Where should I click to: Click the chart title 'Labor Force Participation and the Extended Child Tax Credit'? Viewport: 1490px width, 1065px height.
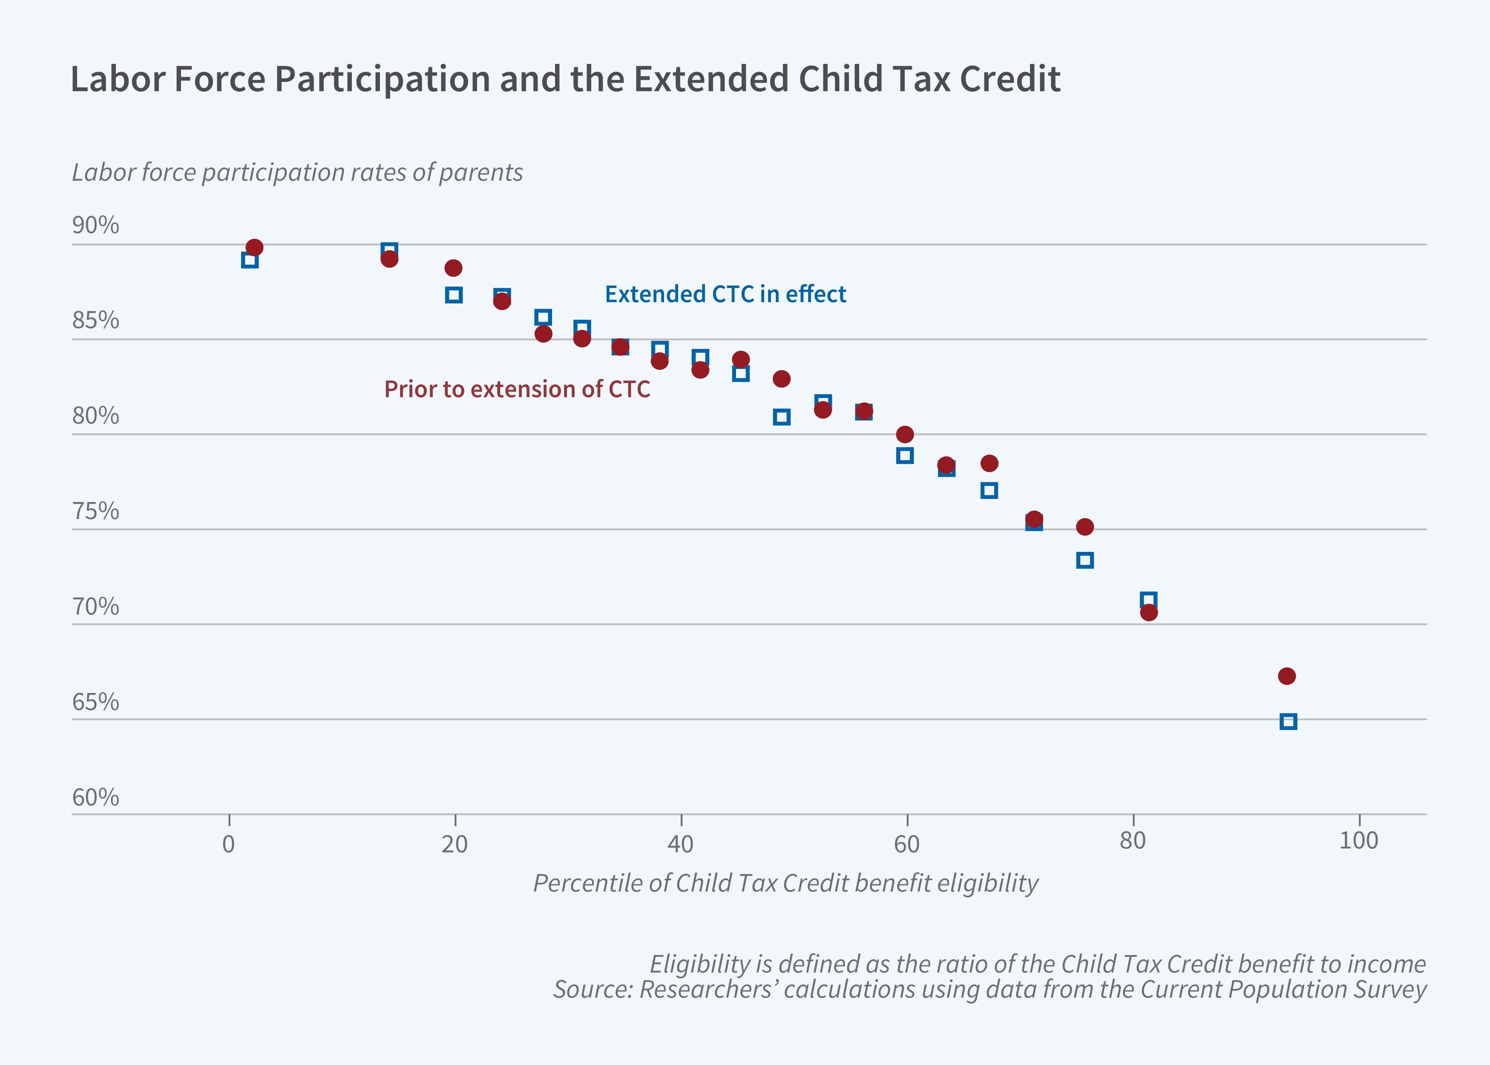tap(565, 79)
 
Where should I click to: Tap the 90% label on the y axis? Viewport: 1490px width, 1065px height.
tap(96, 225)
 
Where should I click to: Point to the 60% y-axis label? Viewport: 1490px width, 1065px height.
tap(96, 797)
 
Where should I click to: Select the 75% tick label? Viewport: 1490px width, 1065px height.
tap(96, 511)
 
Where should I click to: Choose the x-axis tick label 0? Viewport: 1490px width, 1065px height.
tap(229, 844)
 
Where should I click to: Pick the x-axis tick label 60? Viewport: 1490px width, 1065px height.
tap(906, 844)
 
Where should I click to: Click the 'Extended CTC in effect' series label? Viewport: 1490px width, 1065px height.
tap(725, 294)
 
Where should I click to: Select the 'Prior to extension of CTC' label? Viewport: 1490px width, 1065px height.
tap(517, 390)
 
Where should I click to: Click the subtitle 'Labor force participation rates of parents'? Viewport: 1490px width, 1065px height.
tap(297, 173)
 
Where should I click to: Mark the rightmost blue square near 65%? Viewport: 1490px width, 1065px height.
tap(1288, 722)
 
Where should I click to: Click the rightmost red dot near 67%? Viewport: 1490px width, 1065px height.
tap(1287, 676)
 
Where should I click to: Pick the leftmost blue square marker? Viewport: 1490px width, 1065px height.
tap(250, 260)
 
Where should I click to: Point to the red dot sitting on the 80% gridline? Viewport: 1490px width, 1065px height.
tap(905, 434)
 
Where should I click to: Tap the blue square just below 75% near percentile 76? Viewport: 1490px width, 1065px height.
tap(1085, 560)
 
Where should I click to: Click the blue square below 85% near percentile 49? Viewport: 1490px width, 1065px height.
tap(781, 417)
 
